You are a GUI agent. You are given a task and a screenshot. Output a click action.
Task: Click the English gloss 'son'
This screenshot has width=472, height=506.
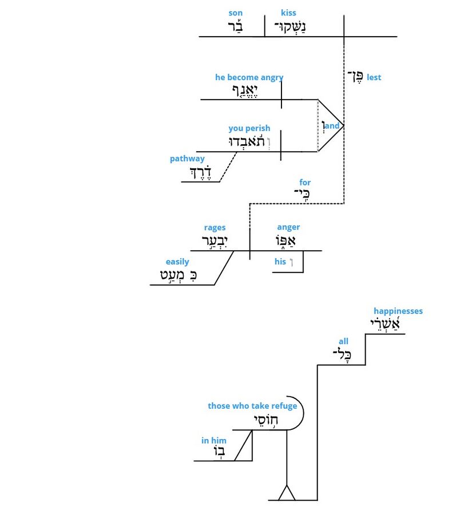pyautogui.click(x=235, y=13)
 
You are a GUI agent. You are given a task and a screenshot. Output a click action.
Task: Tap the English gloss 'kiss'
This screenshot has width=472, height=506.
pyautogui.click(x=288, y=13)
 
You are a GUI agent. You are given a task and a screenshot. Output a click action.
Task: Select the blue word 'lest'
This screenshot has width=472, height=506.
pyautogui.click(x=374, y=77)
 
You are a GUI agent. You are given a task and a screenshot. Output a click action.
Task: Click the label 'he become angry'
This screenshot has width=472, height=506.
pyautogui.click(x=249, y=77)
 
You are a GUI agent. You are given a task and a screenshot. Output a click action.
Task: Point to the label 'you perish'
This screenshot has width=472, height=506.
pyautogui.click(x=249, y=128)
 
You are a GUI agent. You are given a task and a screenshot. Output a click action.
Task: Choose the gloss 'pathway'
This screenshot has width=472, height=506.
pyautogui.click(x=187, y=159)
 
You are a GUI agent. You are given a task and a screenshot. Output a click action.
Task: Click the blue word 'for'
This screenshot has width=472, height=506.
pyautogui.click(x=305, y=183)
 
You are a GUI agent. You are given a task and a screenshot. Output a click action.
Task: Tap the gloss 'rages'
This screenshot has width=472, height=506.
pyautogui.click(x=215, y=227)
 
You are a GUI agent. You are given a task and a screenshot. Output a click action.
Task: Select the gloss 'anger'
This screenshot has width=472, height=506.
pyautogui.click(x=288, y=227)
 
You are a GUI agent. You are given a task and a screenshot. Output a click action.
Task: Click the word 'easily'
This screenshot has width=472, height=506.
pyautogui.click(x=177, y=262)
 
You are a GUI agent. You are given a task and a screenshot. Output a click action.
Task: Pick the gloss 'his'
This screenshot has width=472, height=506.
pyautogui.click(x=280, y=262)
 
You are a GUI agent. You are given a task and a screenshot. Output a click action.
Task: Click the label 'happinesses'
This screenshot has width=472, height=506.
pyautogui.click(x=398, y=311)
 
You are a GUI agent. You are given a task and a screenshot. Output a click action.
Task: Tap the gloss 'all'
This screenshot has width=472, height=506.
pyautogui.click(x=343, y=342)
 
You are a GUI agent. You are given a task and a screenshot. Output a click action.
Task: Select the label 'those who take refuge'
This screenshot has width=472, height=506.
pyautogui.click(x=252, y=406)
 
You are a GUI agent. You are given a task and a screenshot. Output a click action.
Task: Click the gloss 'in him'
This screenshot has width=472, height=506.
pyautogui.click(x=213, y=440)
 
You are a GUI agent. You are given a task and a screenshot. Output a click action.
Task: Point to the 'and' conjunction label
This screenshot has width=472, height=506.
pyautogui.click(x=332, y=125)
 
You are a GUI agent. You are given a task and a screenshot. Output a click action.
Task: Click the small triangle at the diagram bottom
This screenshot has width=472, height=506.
pyautogui.click(x=285, y=493)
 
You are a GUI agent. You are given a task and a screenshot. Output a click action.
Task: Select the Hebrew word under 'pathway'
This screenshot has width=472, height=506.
pyautogui.click(x=200, y=172)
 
